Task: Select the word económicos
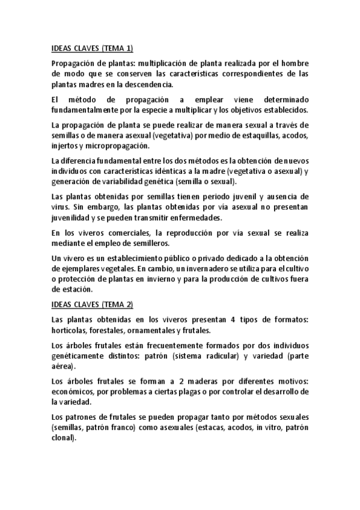point(73,391)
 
